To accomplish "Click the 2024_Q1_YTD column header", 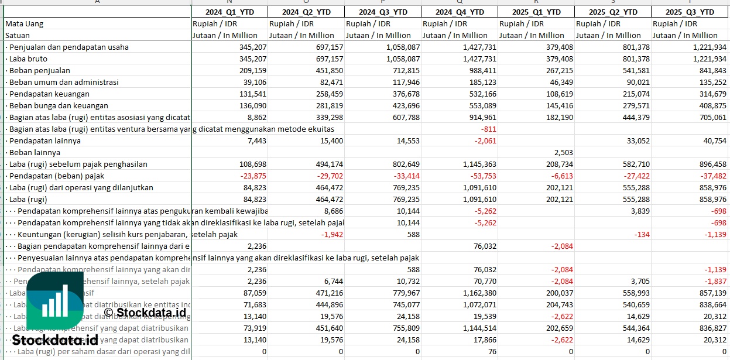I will coord(229,12).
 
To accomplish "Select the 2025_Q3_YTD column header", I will coord(690,12).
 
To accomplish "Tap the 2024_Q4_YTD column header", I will coord(460,12).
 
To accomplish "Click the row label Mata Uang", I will coord(25,23).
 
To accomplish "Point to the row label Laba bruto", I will coord(28,59).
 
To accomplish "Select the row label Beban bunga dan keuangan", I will coord(59,105).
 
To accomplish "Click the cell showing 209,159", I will coord(253,70).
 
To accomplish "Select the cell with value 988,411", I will coord(481,70).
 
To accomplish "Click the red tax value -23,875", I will coord(252,176).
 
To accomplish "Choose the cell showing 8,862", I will coord(256,117).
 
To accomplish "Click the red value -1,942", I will coord(331,234).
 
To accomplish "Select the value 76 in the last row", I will coord(491,351).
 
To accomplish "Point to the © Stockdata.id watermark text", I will coord(145,312).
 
